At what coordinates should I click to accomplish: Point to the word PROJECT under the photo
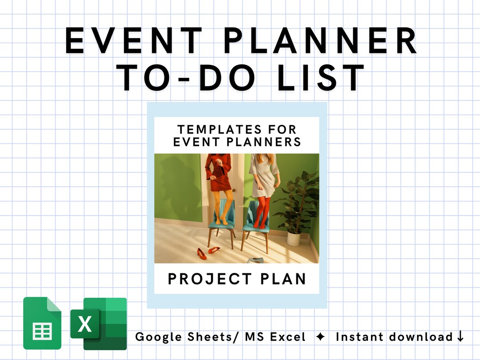209,279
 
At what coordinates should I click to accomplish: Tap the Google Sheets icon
42,323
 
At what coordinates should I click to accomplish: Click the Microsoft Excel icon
99,323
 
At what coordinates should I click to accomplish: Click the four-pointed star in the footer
320,337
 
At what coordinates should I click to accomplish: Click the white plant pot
294,238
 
